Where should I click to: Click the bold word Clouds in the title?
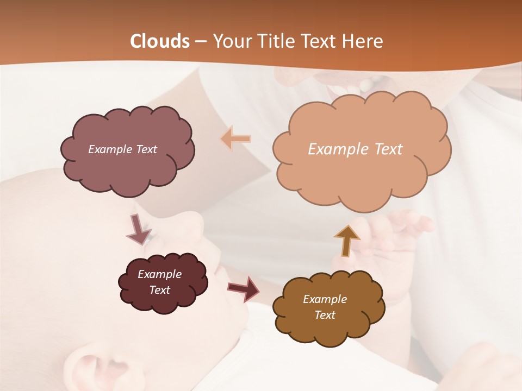pyautogui.click(x=159, y=41)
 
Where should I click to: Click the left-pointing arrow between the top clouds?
pyautogui.click(x=235, y=138)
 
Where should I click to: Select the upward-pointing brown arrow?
pyautogui.click(x=347, y=241)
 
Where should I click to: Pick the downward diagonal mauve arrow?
pyautogui.click(x=139, y=229)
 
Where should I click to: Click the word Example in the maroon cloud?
pyautogui.click(x=159, y=274)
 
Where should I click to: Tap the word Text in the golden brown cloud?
pyautogui.click(x=325, y=315)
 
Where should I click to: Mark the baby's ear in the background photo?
pyautogui.click(x=103, y=369)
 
